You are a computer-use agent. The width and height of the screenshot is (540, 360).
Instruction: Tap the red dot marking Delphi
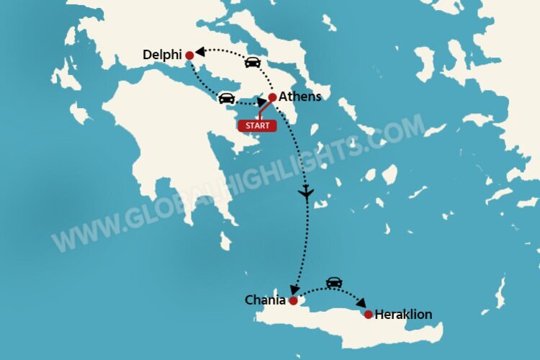[189, 55]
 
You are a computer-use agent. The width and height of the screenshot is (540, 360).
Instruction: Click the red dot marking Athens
[272, 97]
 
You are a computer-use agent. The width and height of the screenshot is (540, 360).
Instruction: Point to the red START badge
[257, 125]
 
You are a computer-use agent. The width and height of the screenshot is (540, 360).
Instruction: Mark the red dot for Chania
[293, 301]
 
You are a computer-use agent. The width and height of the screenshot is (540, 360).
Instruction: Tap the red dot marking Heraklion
[369, 315]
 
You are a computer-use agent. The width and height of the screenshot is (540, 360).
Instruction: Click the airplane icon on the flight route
[307, 193]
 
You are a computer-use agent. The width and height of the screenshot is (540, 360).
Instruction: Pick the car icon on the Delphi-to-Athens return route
[226, 98]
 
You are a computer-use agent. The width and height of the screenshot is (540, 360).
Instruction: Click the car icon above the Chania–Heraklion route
[333, 283]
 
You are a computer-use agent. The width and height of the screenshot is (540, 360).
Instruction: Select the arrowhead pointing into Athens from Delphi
[261, 102]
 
